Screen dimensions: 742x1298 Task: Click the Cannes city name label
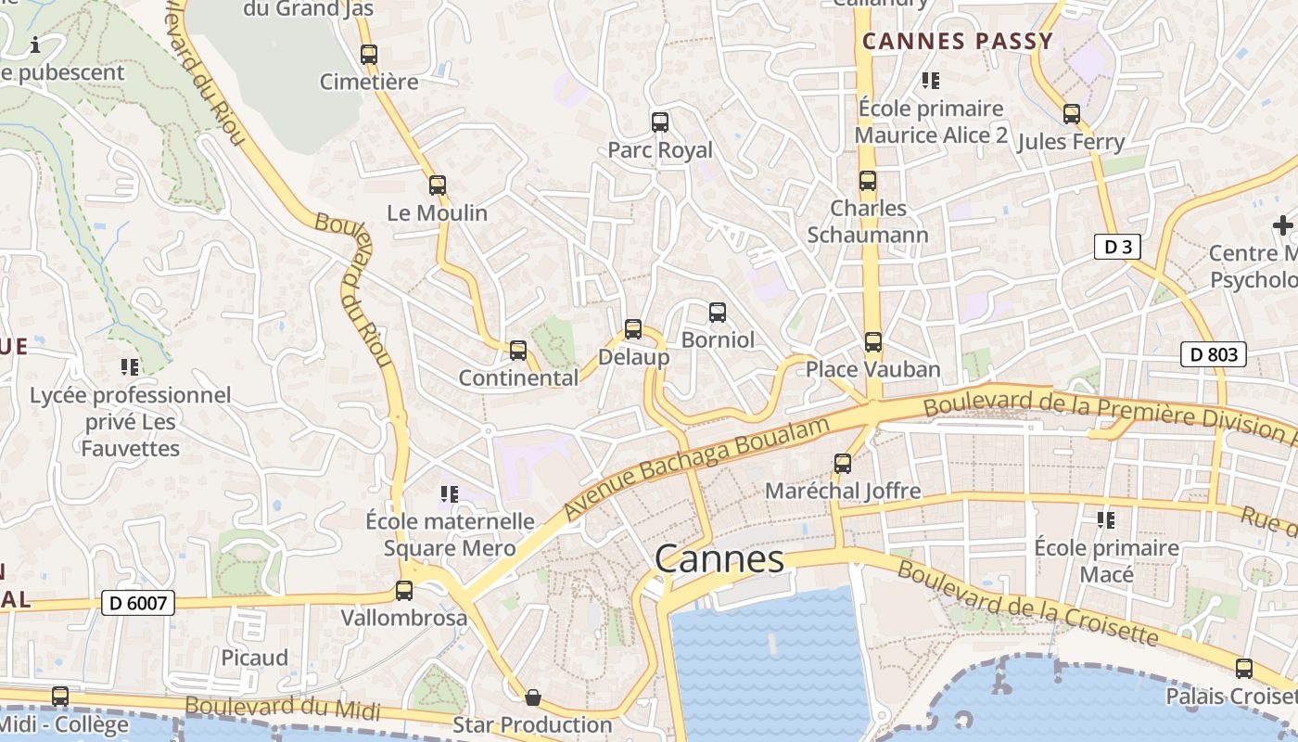[719, 559]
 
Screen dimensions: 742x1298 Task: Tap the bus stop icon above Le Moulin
[438, 185]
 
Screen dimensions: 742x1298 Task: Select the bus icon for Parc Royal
[659, 122]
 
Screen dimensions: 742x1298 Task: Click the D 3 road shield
[1116, 247]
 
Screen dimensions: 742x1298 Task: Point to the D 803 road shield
[1213, 353]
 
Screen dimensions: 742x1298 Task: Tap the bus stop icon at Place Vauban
[872, 342]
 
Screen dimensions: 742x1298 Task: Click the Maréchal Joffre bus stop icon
[842, 464]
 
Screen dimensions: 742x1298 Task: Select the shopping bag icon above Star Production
[533, 697]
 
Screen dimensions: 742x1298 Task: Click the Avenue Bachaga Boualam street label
[695, 467]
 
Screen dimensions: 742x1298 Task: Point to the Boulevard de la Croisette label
[1027, 604]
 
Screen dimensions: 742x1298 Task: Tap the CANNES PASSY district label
[958, 41]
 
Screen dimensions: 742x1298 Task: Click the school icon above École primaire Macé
[1105, 520]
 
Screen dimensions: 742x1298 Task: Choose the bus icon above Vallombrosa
[403, 591]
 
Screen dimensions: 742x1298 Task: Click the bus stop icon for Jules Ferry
[1072, 115]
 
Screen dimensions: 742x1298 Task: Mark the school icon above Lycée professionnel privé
[130, 367]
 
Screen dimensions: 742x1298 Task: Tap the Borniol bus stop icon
[717, 313]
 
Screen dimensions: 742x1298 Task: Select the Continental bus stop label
[518, 378]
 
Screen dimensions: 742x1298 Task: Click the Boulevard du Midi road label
[282, 708]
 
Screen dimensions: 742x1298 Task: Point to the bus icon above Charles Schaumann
[867, 181]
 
